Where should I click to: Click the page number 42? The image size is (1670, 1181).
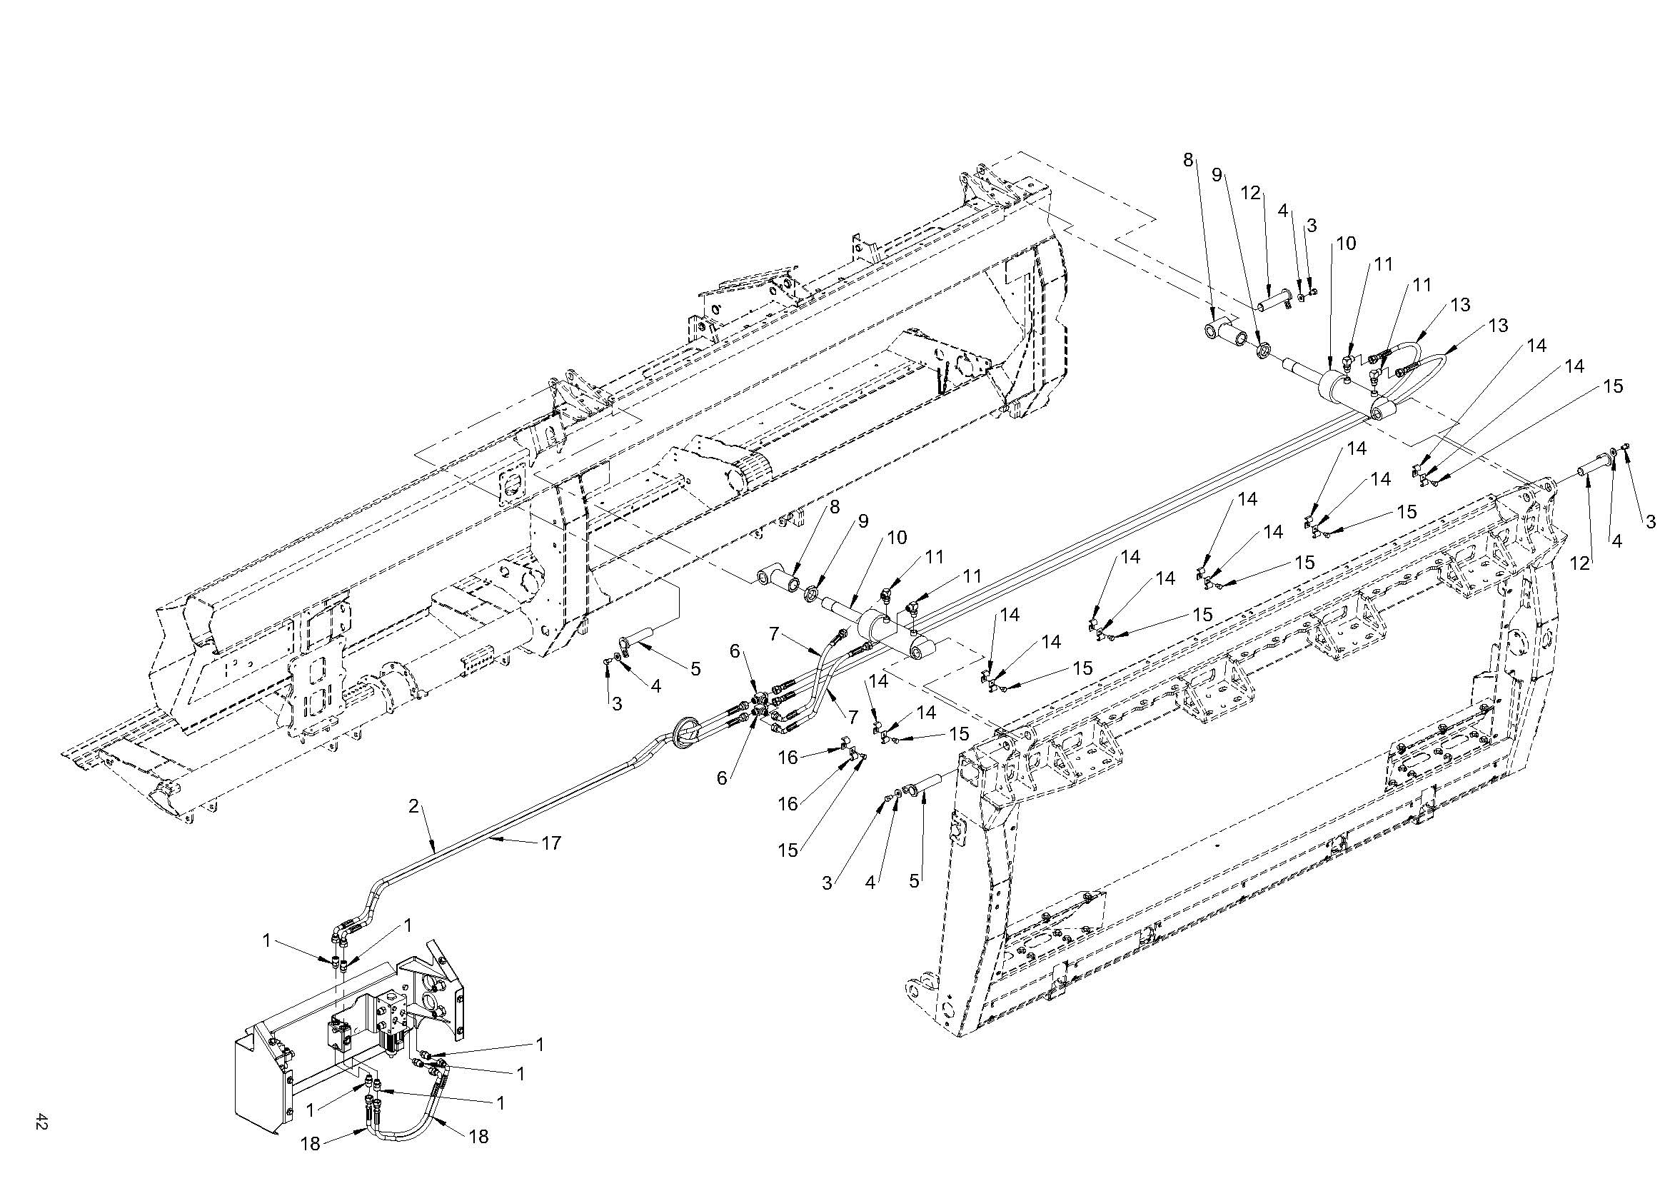(41, 1120)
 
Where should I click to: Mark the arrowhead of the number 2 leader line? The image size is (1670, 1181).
(435, 851)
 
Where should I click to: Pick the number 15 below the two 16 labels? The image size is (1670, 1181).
(788, 849)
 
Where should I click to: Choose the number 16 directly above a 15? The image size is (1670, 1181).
(788, 803)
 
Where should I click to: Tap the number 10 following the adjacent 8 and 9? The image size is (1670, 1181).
(897, 538)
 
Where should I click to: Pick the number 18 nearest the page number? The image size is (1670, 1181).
(311, 1143)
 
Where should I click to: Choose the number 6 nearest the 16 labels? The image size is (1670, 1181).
(722, 778)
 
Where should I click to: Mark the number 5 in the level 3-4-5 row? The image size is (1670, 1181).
(915, 882)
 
